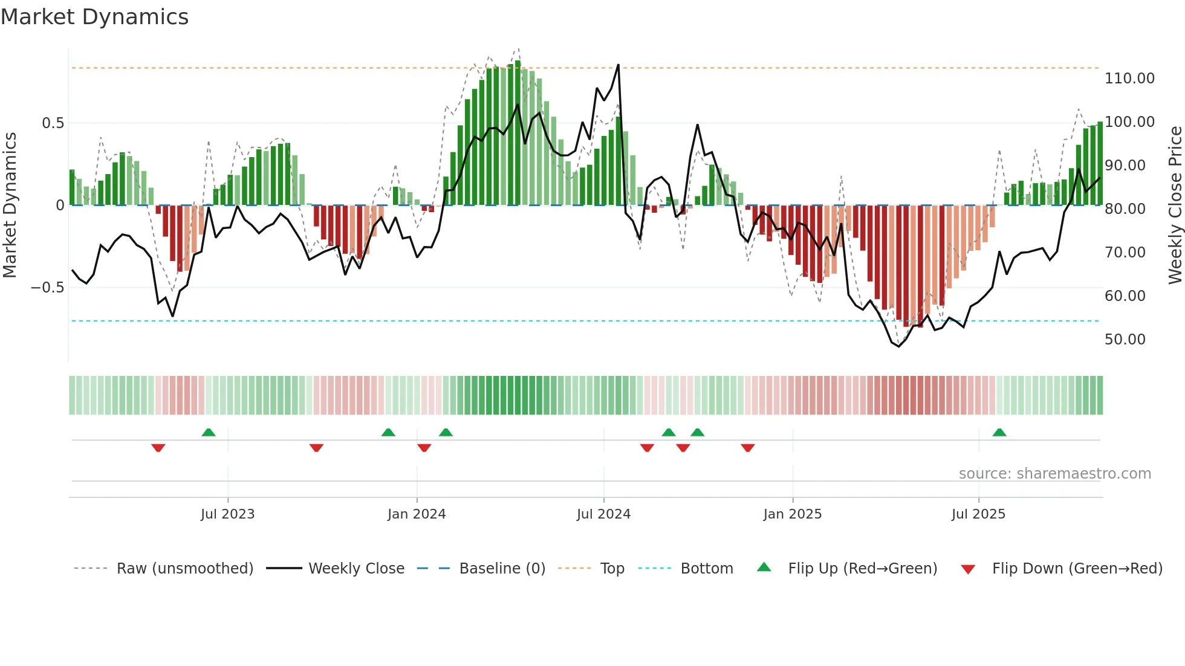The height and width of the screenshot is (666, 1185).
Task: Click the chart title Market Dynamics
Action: click(x=94, y=17)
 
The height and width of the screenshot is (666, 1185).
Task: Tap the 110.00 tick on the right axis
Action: click(x=1129, y=79)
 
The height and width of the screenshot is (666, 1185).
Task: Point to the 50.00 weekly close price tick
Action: click(x=1125, y=340)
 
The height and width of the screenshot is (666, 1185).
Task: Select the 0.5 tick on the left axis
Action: click(x=53, y=123)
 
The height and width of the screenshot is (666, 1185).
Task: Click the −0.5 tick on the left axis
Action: click(x=47, y=288)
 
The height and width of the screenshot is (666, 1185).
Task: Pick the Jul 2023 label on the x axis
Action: click(x=227, y=514)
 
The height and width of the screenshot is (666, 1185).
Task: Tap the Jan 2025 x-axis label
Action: click(x=792, y=514)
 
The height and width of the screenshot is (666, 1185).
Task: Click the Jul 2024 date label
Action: click(x=603, y=514)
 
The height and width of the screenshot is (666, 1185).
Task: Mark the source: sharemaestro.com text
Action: click(x=1054, y=474)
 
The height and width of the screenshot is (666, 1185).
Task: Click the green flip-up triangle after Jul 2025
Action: click(x=999, y=433)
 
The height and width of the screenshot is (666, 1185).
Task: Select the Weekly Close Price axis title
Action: click(x=1175, y=205)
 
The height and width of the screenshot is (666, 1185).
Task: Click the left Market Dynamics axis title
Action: click(x=10, y=205)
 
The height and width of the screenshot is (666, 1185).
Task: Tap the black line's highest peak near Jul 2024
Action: click(x=618, y=65)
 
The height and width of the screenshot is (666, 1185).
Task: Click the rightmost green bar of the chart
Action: click(x=1100, y=163)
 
